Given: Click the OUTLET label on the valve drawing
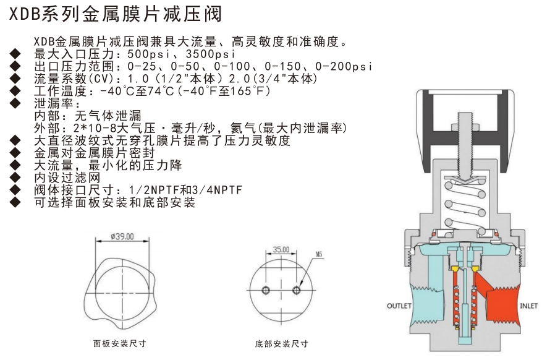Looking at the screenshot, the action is click(399, 306).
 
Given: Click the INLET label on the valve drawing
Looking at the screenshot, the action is click(528, 306).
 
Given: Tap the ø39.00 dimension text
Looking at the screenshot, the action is click(122, 236).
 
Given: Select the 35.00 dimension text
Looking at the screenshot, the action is click(281, 249).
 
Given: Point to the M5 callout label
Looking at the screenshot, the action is click(319, 254).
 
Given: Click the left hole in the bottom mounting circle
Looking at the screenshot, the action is click(266, 290).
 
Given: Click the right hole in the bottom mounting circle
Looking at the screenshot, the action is click(296, 290).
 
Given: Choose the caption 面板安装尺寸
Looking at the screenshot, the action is click(120, 343).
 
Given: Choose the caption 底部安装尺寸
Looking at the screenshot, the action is click(281, 344).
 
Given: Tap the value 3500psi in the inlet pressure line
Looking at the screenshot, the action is click(211, 54).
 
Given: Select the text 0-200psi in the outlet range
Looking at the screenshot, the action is click(344, 66).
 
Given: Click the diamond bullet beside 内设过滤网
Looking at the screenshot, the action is click(15, 178).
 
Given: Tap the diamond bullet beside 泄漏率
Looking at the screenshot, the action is click(15, 103).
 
